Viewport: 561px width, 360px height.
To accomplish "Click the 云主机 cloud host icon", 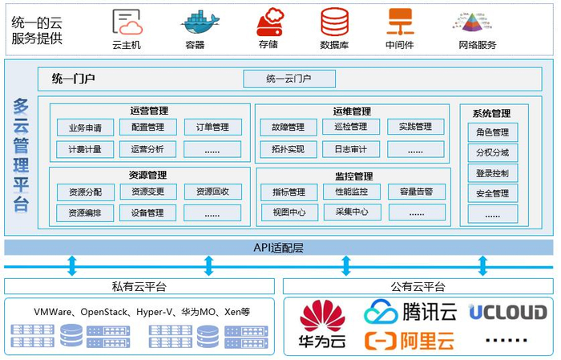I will click(x=127, y=22).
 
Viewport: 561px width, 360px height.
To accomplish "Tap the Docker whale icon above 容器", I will click(x=195, y=22).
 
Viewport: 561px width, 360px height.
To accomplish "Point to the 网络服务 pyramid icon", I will click(x=477, y=22).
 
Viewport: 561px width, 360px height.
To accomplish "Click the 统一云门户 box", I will click(x=289, y=79).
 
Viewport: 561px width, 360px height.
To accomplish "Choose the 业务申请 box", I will click(x=85, y=127).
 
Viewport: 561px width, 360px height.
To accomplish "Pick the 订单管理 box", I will click(x=212, y=127).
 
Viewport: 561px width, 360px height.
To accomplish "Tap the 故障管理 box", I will click(x=289, y=127).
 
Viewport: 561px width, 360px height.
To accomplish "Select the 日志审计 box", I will click(x=351, y=149).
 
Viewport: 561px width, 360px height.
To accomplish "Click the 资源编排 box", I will click(x=85, y=213).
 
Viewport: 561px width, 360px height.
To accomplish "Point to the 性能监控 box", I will click(x=351, y=192).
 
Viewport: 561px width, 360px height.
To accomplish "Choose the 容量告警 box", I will click(x=415, y=192).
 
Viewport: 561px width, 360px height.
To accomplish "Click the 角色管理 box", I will click(x=492, y=132).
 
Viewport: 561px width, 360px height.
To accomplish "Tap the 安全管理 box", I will click(x=492, y=193).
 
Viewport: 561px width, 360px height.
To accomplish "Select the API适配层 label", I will click(x=279, y=248).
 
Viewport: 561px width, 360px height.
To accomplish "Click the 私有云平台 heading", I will click(x=139, y=286).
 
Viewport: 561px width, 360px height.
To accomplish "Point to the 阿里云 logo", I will click(x=409, y=341).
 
